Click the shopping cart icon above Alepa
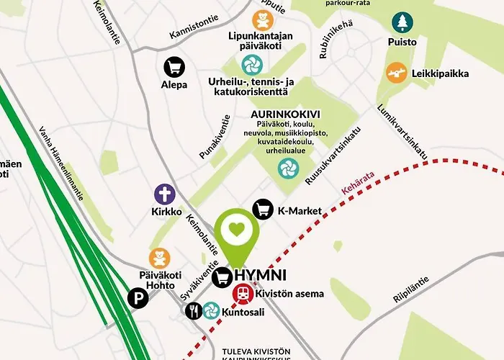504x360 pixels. [x=174, y=67]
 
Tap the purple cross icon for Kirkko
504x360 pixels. [x=165, y=194]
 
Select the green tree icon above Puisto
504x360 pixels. [x=401, y=23]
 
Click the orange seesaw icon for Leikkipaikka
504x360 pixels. [x=396, y=72]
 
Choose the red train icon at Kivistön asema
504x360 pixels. [x=243, y=293]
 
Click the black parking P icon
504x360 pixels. [x=136, y=297]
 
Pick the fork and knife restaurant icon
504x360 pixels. [x=193, y=311]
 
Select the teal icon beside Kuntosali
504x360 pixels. [x=211, y=310]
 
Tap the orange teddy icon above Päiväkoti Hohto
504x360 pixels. [x=159, y=258]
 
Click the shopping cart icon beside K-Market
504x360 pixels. [x=263, y=210]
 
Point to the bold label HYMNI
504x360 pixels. [x=260, y=275]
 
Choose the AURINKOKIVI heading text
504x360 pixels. [x=285, y=114]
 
